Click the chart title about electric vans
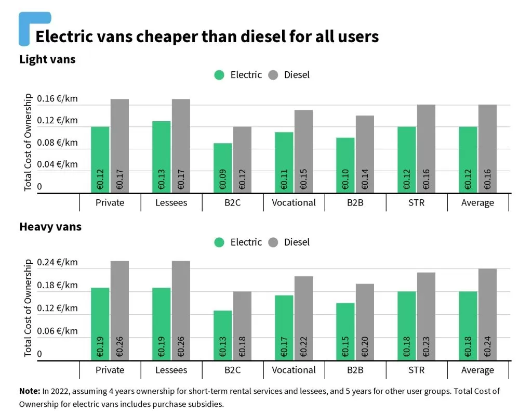tap(207, 37)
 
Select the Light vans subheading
tap(47, 59)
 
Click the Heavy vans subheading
tap(50, 227)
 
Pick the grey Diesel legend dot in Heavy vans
tap(273, 242)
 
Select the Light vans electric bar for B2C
tap(223, 168)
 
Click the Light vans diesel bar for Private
tap(119, 146)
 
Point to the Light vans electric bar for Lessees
tap(162, 157)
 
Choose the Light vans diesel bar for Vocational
tap(303, 151)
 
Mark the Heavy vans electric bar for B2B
tap(345, 331)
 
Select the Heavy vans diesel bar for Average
tap(487, 314)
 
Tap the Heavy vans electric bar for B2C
tap(223, 335)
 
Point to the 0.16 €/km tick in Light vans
tap(58, 99)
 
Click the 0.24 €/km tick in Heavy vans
tap(58, 262)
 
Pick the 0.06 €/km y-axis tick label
tap(58, 331)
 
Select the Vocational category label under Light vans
tap(294, 202)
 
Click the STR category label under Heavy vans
tap(416, 370)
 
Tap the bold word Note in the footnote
tap(29, 391)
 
